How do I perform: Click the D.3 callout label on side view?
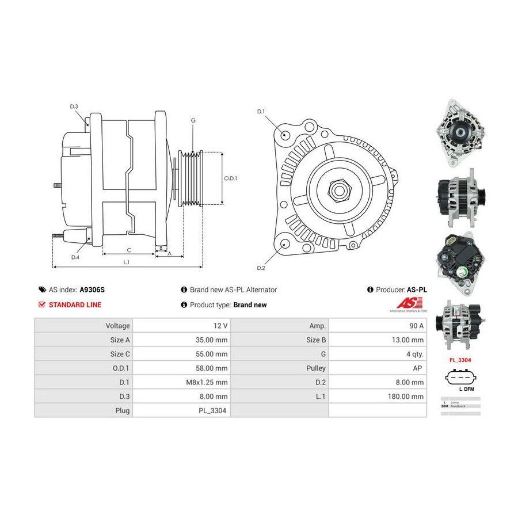click(74, 106)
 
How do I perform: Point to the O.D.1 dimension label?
click(230, 178)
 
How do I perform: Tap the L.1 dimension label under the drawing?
click(126, 262)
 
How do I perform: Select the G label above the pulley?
click(193, 120)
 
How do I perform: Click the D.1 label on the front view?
click(260, 111)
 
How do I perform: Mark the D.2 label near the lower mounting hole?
click(260, 268)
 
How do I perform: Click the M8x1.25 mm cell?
click(181, 382)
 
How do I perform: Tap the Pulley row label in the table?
click(279, 368)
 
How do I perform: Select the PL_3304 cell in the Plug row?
click(181, 411)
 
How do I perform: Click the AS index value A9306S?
click(93, 290)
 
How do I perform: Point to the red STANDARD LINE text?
click(75, 305)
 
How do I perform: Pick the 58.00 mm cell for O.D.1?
click(181, 368)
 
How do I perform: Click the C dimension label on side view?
click(129, 250)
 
